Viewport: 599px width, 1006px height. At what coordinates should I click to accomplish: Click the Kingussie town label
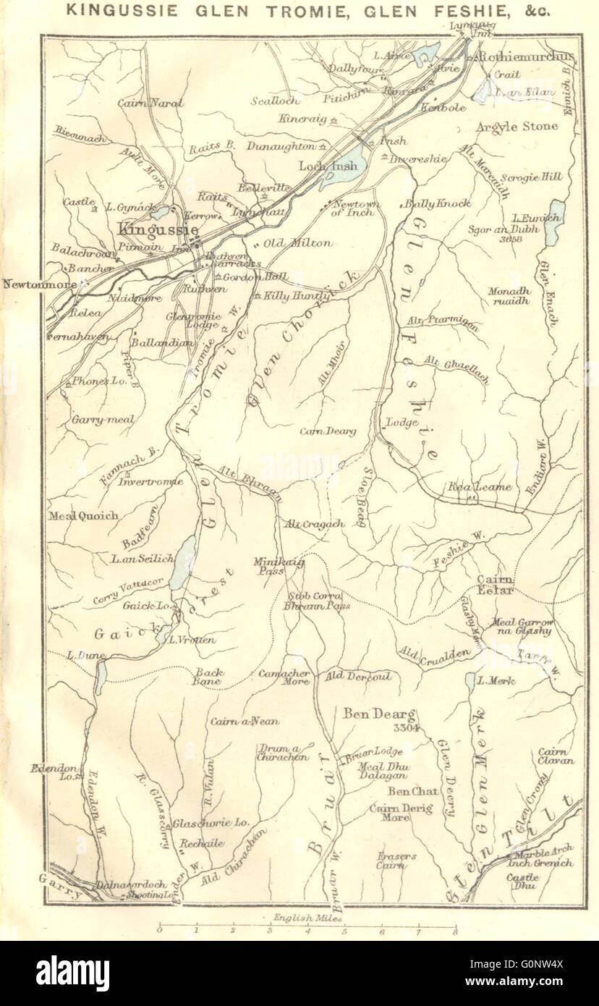click(x=158, y=229)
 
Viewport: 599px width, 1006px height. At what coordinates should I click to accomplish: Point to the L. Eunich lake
click(x=554, y=221)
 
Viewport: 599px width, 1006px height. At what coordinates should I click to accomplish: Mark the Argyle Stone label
click(x=517, y=127)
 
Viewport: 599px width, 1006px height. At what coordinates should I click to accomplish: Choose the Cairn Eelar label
click(x=495, y=585)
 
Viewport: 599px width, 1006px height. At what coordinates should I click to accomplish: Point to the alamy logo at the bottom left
click(x=72, y=973)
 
